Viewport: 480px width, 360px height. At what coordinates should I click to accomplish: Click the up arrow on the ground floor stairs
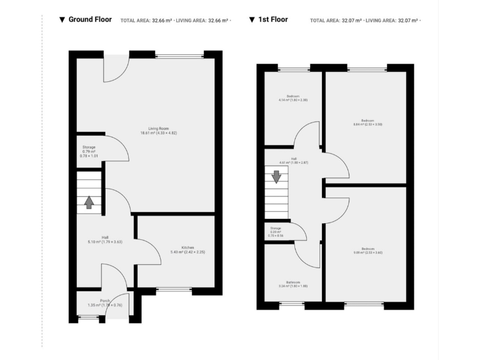pyautogui.click(x=89, y=202)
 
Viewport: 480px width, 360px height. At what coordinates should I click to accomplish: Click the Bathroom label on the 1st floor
pyautogui.click(x=293, y=283)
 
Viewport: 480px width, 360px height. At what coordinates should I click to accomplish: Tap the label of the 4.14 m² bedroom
pyautogui.click(x=293, y=97)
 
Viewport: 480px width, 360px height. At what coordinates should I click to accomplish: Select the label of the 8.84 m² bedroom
pyautogui.click(x=367, y=122)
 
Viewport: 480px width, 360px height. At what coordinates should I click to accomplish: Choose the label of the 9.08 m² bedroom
pyautogui.click(x=367, y=250)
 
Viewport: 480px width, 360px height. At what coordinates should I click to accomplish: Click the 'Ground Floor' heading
pyautogui.click(x=90, y=19)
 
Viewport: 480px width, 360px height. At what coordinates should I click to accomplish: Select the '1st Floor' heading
pyautogui.click(x=272, y=19)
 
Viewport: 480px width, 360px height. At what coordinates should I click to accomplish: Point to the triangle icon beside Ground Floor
pyautogui.click(x=61, y=20)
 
